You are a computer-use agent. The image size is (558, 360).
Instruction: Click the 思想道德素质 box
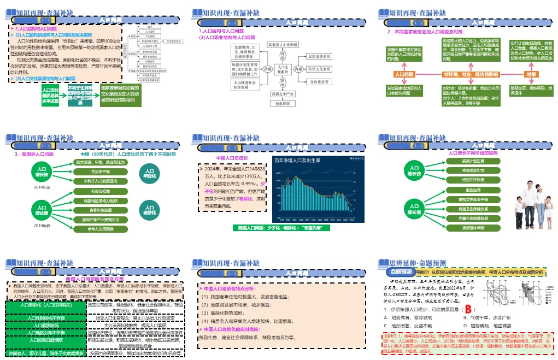(x=320, y=57)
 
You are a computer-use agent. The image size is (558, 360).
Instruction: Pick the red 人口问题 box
(x=404, y=74)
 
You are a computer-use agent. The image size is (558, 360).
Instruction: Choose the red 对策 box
(x=530, y=74)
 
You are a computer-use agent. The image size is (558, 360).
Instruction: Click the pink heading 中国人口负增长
(x=232, y=158)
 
